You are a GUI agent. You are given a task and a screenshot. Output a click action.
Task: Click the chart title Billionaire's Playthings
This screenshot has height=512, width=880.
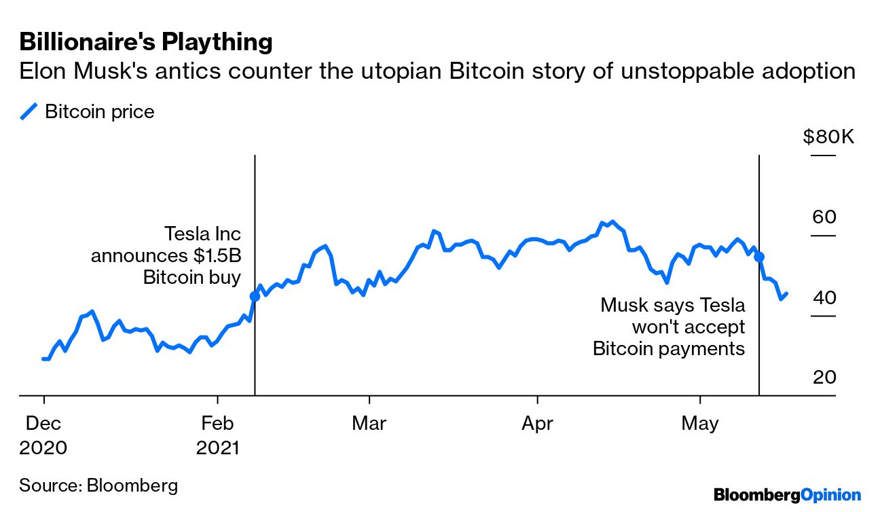click(146, 42)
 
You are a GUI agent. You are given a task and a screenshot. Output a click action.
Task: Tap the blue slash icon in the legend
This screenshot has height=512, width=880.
click(29, 112)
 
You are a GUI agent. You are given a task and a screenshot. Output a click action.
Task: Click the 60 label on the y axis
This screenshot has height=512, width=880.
click(824, 217)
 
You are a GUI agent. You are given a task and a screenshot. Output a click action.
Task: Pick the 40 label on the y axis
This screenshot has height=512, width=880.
click(824, 297)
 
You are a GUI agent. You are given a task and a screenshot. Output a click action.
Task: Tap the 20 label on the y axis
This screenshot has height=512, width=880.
click(824, 378)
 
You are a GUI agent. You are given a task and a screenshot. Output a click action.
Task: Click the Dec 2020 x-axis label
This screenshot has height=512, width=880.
click(43, 435)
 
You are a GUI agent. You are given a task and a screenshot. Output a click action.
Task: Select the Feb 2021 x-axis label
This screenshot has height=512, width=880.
click(217, 435)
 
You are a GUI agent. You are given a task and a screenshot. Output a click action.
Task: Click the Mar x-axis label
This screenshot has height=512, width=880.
click(369, 424)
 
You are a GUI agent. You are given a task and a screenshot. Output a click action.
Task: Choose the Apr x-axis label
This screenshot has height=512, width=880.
click(537, 424)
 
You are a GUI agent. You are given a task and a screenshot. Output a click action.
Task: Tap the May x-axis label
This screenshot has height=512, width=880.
click(700, 424)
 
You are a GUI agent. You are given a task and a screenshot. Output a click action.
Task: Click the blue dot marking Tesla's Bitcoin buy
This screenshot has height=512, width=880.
click(255, 296)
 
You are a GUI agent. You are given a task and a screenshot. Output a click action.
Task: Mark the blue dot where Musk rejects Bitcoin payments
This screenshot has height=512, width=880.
click(759, 257)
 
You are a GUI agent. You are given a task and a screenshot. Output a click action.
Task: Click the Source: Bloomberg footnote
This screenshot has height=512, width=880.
click(98, 485)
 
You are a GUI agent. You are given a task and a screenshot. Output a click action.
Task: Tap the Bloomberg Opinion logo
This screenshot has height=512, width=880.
click(787, 495)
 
